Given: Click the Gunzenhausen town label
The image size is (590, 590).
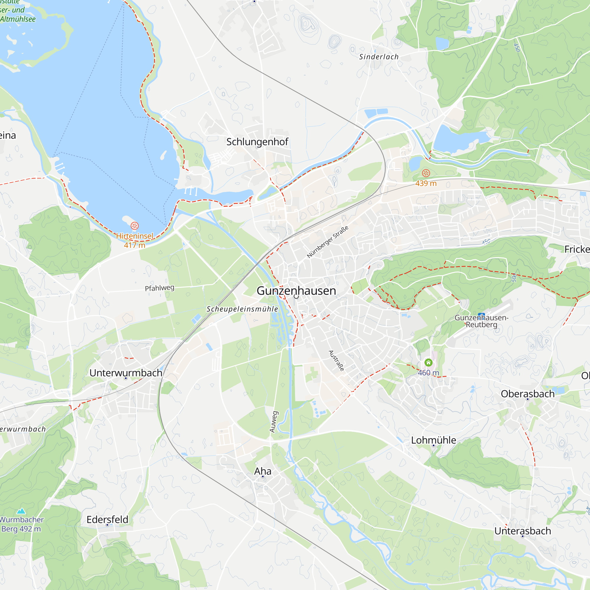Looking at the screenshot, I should (296, 291).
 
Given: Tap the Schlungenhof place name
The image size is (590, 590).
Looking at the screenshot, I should (257, 142).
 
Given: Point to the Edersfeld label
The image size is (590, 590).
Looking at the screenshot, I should (107, 519).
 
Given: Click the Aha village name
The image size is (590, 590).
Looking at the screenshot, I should (263, 471).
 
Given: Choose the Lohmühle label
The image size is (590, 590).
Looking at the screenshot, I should (433, 440).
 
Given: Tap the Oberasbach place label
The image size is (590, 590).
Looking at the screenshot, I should (527, 394).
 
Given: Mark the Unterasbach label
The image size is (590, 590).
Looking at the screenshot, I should (522, 531).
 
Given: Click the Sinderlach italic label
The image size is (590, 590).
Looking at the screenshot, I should (379, 57).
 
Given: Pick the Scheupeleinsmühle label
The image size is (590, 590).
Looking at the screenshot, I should (242, 309).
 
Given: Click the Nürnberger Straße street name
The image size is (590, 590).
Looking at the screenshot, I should (327, 242).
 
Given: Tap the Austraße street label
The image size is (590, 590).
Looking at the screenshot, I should (336, 361).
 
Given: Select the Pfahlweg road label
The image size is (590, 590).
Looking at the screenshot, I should (159, 288).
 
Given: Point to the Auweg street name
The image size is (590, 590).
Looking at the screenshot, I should (274, 422).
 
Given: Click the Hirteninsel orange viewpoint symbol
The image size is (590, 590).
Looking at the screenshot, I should (134, 226).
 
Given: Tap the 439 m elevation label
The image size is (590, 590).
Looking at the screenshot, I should (426, 183).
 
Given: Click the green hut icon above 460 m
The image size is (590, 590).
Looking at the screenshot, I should (428, 363).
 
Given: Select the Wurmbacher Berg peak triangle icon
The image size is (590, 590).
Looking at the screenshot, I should (21, 511).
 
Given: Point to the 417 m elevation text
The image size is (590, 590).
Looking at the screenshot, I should (134, 245).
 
